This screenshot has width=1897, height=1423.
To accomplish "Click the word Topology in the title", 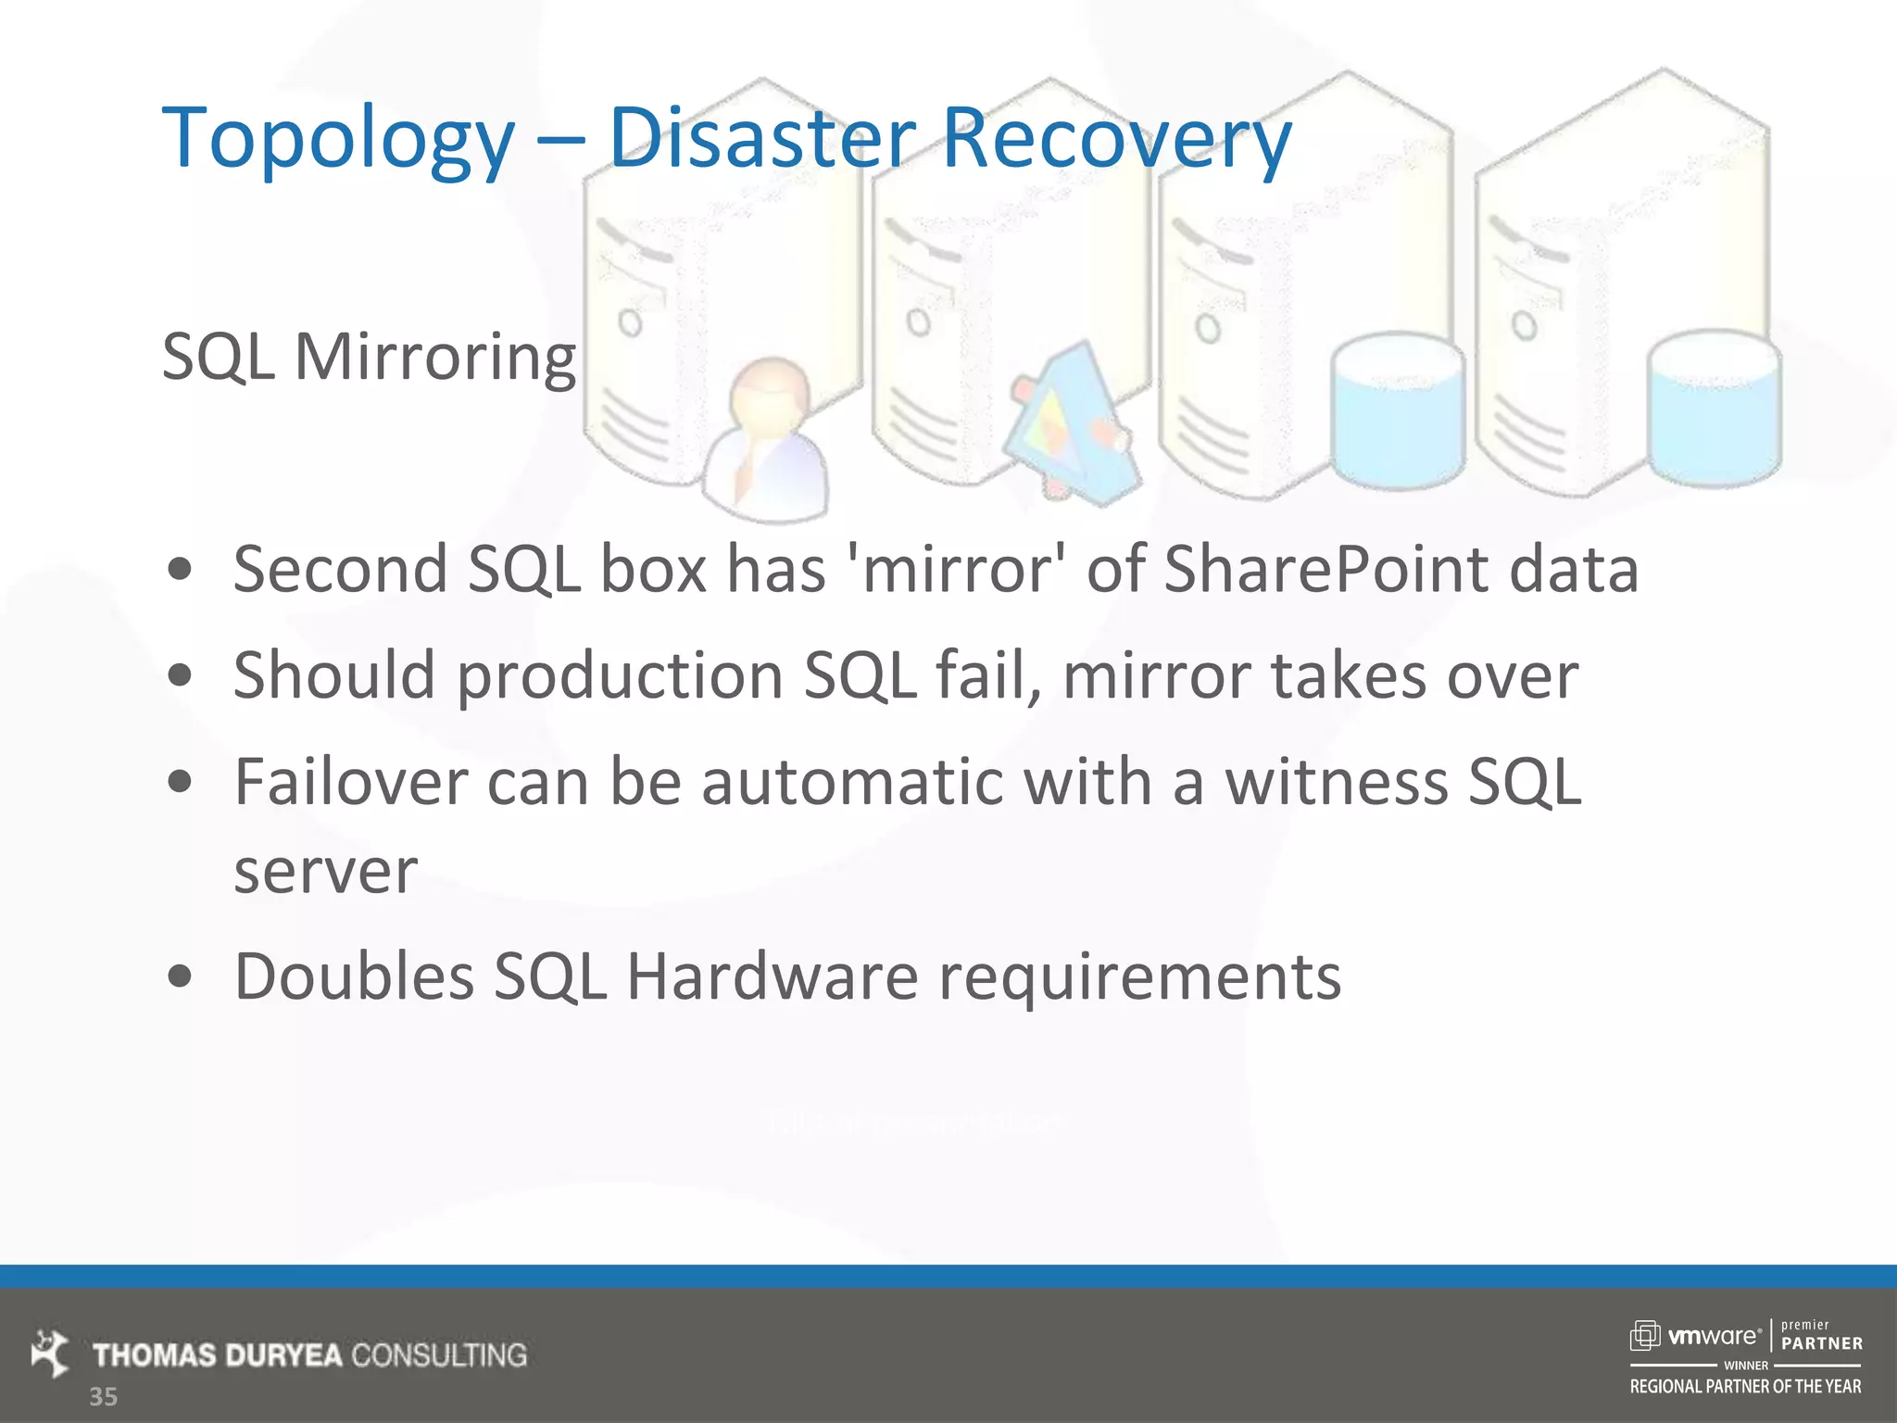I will (x=338, y=139).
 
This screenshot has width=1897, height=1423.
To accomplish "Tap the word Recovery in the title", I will (x=1116, y=139).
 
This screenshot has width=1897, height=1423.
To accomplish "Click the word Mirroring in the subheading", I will (x=434, y=357).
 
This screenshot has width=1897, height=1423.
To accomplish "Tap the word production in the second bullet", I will (x=621, y=675).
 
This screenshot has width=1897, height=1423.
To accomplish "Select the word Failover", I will (x=351, y=782).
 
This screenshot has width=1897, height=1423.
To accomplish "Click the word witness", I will (x=1336, y=782).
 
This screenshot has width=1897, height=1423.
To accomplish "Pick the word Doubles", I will (x=354, y=976).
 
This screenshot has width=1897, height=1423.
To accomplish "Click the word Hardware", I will (x=772, y=976).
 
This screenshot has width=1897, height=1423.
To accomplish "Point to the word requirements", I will (x=1139, y=978).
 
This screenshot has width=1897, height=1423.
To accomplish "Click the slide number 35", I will (x=103, y=1397).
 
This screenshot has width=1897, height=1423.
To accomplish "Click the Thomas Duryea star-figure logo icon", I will (x=50, y=1353).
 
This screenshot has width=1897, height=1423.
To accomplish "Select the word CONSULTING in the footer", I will (x=439, y=1355).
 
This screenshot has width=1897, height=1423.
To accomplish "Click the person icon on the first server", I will (x=767, y=437).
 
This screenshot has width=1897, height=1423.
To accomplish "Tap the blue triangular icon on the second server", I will (x=1073, y=422).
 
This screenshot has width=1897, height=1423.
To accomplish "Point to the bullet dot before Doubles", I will (x=181, y=976).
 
